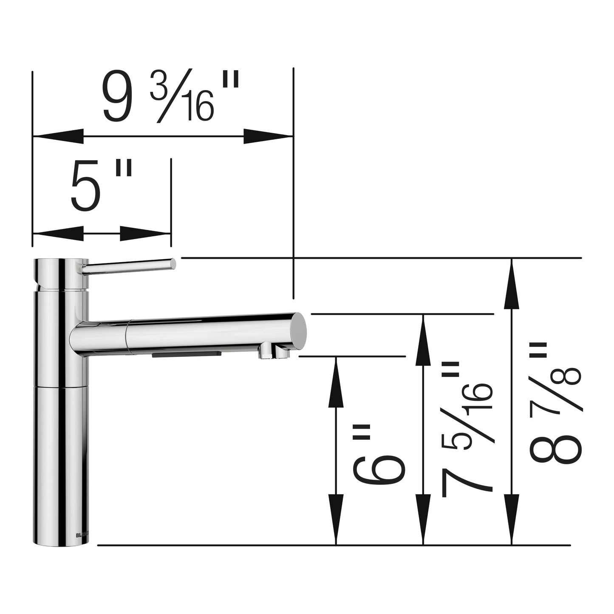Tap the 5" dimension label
tap(101, 186)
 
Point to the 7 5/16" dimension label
tap(467, 429)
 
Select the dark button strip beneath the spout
tap(187, 354)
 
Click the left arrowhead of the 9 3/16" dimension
tap(57, 136)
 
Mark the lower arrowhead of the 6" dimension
tap(336, 519)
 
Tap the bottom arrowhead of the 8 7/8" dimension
tap(512, 519)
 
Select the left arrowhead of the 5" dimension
tap(57, 233)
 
